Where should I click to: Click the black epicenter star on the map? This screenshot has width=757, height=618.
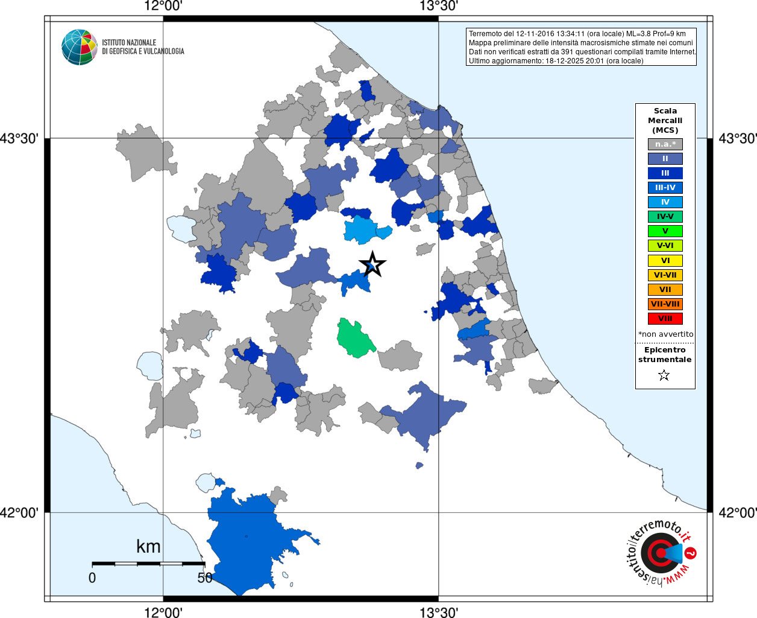pyautogui.click(x=372, y=264)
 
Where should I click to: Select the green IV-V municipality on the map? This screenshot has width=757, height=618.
pyautogui.click(x=354, y=339)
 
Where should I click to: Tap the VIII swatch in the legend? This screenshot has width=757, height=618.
pyautogui.click(x=665, y=319)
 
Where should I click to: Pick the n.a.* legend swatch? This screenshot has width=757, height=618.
pyautogui.click(x=665, y=144)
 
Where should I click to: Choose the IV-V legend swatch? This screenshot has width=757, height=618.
pyautogui.click(x=665, y=217)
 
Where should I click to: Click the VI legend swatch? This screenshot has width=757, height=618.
pyautogui.click(x=665, y=261)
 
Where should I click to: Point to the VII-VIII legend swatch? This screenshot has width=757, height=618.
pyautogui.click(x=665, y=304)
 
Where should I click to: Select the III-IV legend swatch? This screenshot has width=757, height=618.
pyautogui.click(x=665, y=188)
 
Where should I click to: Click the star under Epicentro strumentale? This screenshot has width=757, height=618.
pyautogui.click(x=664, y=375)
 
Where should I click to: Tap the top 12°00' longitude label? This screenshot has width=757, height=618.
pyautogui.click(x=163, y=7)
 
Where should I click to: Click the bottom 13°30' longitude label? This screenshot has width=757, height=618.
pyautogui.click(x=438, y=613)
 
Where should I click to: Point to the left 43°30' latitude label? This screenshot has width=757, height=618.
pyautogui.click(x=19, y=139)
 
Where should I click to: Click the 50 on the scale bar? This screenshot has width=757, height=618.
pyautogui.click(x=205, y=578)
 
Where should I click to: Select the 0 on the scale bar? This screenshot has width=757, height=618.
pyautogui.click(x=92, y=578)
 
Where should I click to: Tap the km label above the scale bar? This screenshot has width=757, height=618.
pyautogui.click(x=148, y=547)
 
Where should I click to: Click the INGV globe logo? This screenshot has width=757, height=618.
pyautogui.click(x=80, y=47)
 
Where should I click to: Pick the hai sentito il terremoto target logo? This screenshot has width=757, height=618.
pyautogui.click(x=661, y=553)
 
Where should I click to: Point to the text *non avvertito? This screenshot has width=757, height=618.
pyautogui.click(x=665, y=334)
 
